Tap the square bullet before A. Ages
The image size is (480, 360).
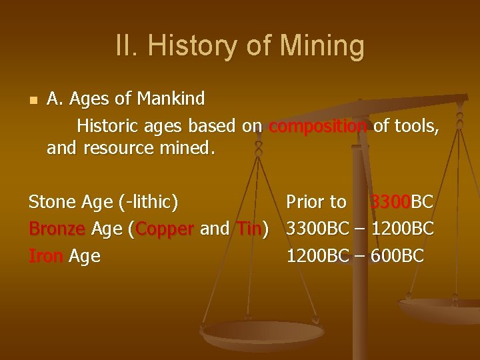click(x=32, y=101)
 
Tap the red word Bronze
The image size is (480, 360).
click(x=57, y=229)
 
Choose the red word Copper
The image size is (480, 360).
click(x=165, y=229)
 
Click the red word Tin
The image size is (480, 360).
click(x=249, y=229)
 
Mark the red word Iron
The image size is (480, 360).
click(x=46, y=256)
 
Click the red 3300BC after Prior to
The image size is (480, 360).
click(x=391, y=201)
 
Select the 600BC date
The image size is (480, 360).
click(x=397, y=256)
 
